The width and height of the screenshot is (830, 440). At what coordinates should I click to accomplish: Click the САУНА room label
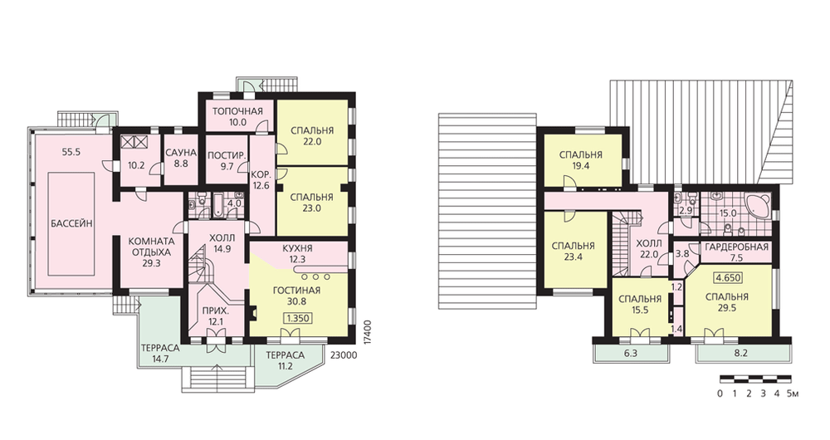(x=181, y=153)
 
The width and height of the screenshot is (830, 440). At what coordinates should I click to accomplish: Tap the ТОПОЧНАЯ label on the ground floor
(x=237, y=111)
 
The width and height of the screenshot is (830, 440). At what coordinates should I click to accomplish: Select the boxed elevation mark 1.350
(x=297, y=318)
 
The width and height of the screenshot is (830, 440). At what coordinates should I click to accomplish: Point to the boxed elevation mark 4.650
(x=728, y=278)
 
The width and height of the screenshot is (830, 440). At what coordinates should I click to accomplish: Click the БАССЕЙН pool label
(x=72, y=223)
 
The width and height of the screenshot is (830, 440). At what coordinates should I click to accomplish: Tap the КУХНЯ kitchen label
(x=297, y=247)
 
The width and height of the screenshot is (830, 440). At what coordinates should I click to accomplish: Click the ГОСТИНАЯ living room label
(x=297, y=291)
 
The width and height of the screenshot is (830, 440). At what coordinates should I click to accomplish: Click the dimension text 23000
(x=343, y=355)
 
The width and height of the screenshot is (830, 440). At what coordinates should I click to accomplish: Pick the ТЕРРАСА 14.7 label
(x=160, y=353)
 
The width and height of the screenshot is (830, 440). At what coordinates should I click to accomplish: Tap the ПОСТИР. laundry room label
(x=227, y=155)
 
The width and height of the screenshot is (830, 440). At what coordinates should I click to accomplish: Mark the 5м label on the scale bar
(x=793, y=394)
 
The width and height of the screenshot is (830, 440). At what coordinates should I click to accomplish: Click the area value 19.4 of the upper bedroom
(x=581, y=166)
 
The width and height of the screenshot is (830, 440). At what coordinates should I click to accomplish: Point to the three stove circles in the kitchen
(x=315, y=276)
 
